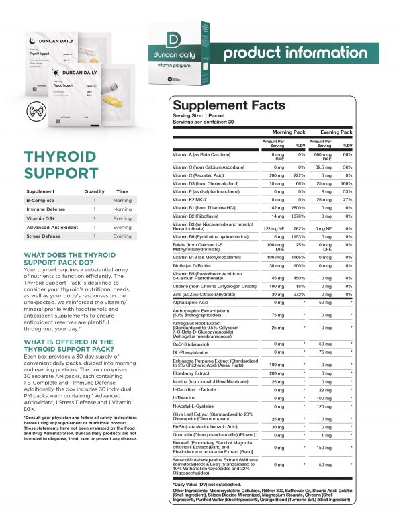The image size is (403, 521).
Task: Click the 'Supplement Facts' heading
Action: tap(229, 105)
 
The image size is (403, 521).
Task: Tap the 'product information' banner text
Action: tap(305, 53)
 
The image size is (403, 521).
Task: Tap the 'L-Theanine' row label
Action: tap(185, 397)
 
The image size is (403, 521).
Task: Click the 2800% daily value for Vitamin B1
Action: tap(301, 209)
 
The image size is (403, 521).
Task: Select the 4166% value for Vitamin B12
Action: tap(301, 257)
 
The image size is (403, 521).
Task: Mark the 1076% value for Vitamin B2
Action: tap(301, 218)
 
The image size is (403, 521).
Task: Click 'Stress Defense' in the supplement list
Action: tap(44, 236)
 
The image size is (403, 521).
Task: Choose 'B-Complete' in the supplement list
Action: tap(40, 200)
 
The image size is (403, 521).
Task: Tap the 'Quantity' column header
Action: tap(95, 191)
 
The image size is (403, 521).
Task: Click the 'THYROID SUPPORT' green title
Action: tap(60, 164)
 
